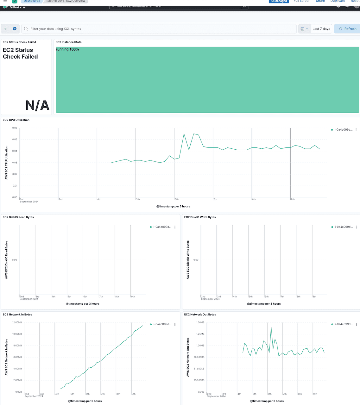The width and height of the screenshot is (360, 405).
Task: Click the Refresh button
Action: [x=347, y=29]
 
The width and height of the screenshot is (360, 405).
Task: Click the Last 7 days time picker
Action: [x=321, y=29]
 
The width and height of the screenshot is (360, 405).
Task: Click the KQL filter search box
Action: [x=158, y=29]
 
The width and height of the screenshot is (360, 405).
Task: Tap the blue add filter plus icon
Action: [x=15, y=29]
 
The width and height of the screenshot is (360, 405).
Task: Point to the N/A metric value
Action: [x=37, y=105]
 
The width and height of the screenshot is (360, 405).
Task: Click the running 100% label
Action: [x=67, y=49]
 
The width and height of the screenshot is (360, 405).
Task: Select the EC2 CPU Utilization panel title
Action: [x=16, y=120]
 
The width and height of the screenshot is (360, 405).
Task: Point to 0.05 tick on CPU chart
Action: [x=15, y=140]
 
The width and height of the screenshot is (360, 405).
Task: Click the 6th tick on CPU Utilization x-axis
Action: [x=177, y=199]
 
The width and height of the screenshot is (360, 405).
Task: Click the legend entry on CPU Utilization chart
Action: [x=343, y=130]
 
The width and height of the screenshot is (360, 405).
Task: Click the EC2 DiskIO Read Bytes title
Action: [x=18, y=217]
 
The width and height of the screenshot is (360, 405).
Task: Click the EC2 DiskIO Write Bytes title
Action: [x=200, y=217]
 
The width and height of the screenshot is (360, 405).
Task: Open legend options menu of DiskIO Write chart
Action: [x=356, y=227]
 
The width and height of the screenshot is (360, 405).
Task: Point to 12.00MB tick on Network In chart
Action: [x=17, y=322]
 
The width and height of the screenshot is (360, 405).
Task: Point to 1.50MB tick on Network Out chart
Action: [x=200, y=322]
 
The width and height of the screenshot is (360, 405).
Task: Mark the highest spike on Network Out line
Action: [x=271, y=327]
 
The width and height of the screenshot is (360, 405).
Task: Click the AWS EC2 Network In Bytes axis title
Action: [x=6, y=357]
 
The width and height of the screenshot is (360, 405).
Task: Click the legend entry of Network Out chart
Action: [x=343, y=324]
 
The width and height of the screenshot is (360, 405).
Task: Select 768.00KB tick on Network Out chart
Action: [x=199, y=357]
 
